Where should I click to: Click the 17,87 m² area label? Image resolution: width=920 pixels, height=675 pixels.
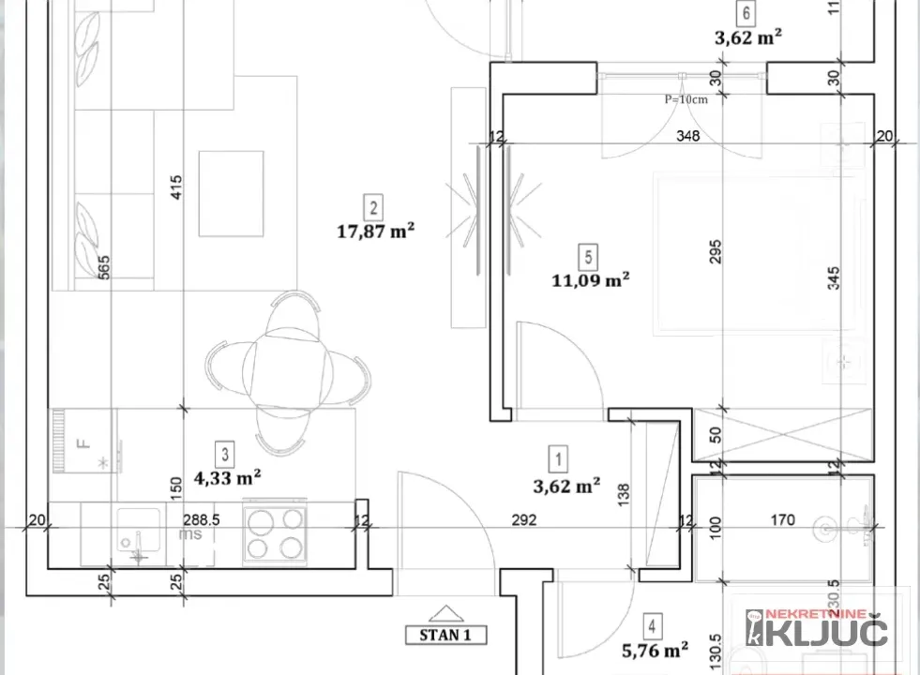tap(376, 231)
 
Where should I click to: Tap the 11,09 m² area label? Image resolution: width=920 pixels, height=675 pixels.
tap(590, 278)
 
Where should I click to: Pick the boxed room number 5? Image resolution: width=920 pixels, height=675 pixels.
tap(587, 255)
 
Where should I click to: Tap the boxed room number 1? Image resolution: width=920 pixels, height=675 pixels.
tap(560, 459)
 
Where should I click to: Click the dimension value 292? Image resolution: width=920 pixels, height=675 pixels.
tap(525, 520)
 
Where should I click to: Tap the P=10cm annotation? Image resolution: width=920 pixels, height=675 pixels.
tap(685, 99)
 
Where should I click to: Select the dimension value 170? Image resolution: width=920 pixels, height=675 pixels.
tap(782, 519)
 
